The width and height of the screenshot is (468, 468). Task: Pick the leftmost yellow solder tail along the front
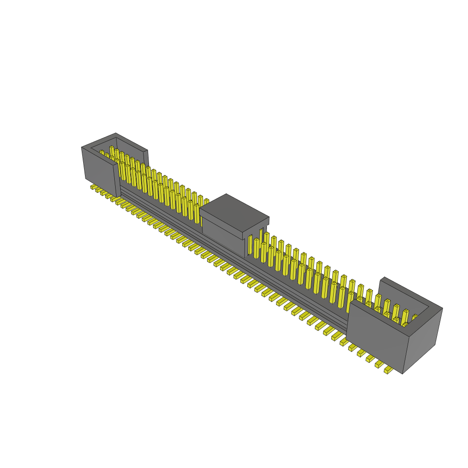(93, 187)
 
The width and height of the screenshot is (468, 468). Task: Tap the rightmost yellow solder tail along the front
(388, 370)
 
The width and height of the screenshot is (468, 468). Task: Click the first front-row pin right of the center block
(256, 248)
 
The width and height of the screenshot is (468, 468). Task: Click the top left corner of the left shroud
(82, 147)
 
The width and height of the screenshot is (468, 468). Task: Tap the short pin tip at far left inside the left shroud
(101, 152)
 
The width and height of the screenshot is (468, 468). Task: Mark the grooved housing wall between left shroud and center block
(160, 210)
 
